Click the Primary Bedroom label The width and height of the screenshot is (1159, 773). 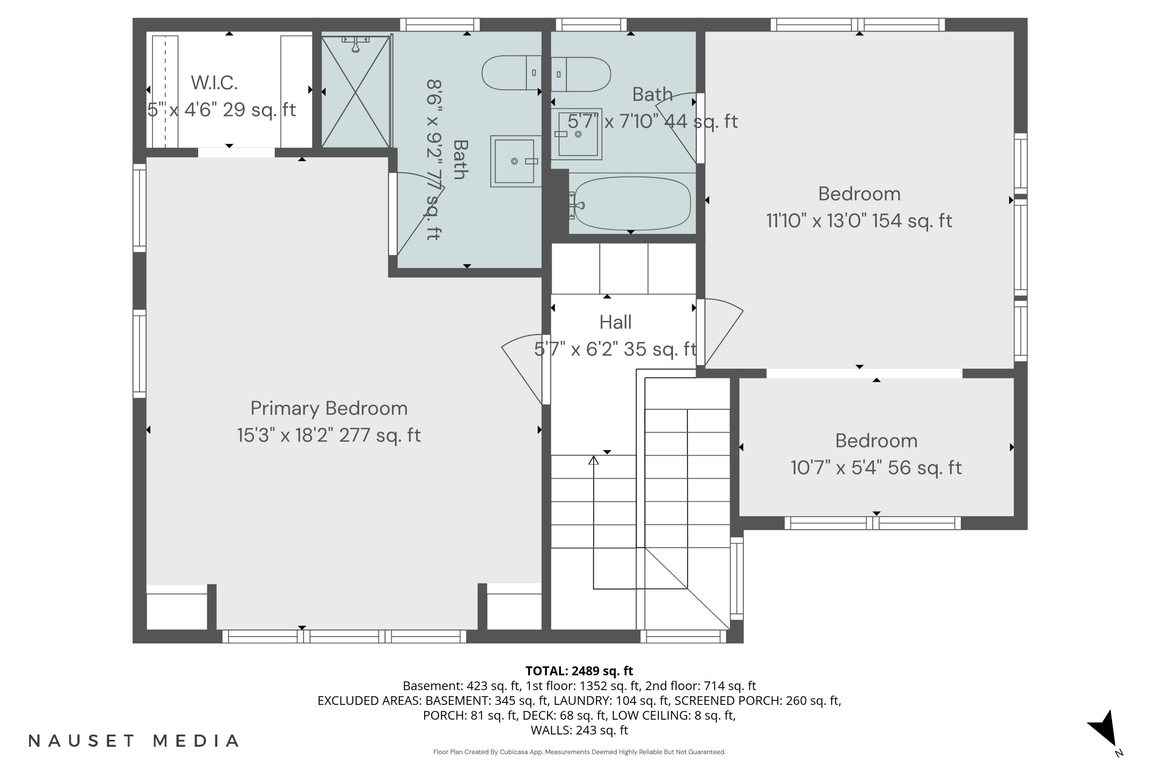(329, 408)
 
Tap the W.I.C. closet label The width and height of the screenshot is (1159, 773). (214, 83)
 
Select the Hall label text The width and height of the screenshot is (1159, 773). (615, 322)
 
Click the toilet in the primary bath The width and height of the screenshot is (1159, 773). (512, 73)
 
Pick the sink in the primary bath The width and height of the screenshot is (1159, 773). (515, 161)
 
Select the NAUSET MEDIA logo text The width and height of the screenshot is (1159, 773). (134, 741)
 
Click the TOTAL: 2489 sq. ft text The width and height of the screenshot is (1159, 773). (579, 671)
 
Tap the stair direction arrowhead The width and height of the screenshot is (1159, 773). (593, 460)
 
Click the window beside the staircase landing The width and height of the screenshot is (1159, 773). (737, 578)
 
